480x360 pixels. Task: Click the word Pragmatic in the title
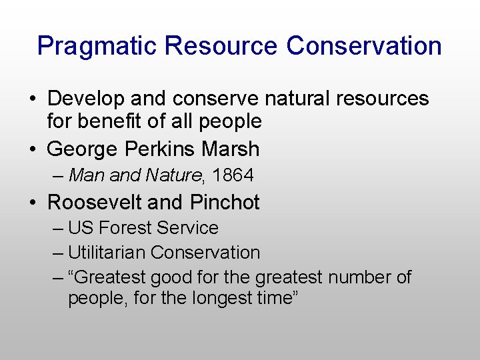(x=97, y=47)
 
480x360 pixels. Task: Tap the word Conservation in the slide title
(x=364, y=46)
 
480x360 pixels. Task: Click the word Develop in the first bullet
(x=86, y=99)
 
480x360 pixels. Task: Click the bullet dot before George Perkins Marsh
(x=33, y=149)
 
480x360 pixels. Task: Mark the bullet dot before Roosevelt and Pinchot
(x=33, y=203)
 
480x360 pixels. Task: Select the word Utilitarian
(x=107, y=253)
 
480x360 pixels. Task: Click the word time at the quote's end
(x=277, y=298)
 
